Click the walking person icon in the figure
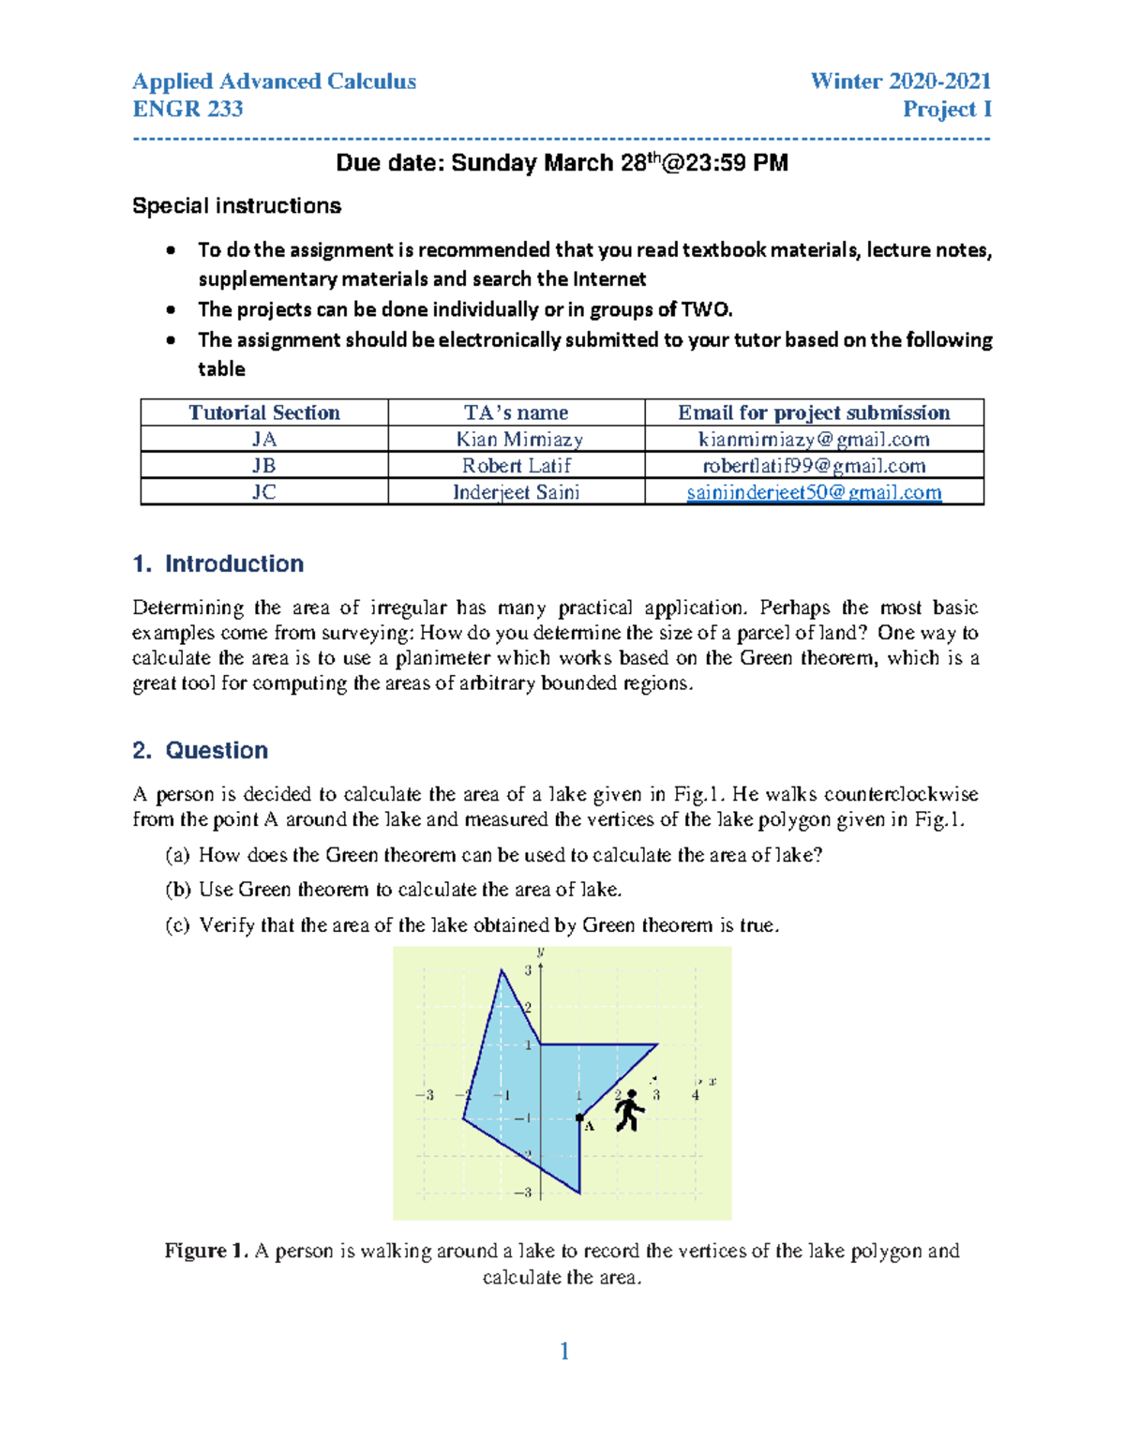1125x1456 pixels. pyautogui.click(x=629, y=1111)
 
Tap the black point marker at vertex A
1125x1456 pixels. pyautogui.click(x=579, y=1118)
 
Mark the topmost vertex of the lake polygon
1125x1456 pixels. pyautogui.click(x=502, y=970)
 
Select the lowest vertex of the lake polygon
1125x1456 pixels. pyautogui.click(x=579, y=1193)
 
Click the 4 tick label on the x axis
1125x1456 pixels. pyautogui.click(x=695, y=1095)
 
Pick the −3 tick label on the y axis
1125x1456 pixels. pyautogui.click(x=523, y=1193)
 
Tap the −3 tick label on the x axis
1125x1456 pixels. pyautogui.click(x=425, y=1095)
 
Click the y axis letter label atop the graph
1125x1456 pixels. pyautogui.click(x=541, y=952)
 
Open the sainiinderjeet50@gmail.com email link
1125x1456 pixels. pyautogui.click(x=814, y=492)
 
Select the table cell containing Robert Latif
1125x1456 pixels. pyautogui.click(x=516, y=466)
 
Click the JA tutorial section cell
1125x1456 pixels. pyautogui.click(x=264, y=440)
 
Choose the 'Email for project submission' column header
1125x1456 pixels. pyautogui.click(x=814, y=413)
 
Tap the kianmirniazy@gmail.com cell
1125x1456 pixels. pyautogui.click(x=814, y=440)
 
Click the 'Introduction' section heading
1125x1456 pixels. pyautogui.click(x=233, y=563)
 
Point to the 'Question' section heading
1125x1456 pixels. pyautogui.click(x=217, y=750)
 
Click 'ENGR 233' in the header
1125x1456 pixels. pyautogui.click(x=187, y=109)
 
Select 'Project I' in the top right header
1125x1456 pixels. pyautogui.click(x=946, y=109)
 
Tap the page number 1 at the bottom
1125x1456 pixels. pyautogui.click(x=564, y=1351)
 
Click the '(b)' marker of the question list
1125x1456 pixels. pyautogui.click(x=177, y=890)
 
